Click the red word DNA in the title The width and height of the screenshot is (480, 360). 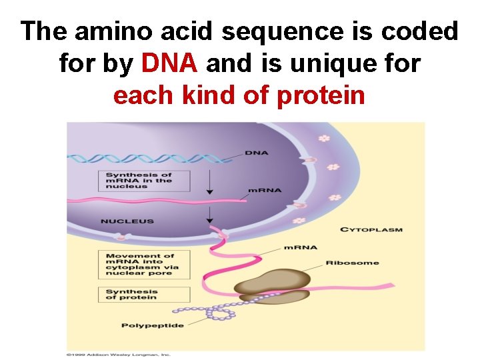[x=169, y=63]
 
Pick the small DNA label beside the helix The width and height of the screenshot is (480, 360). [x=256, y=153]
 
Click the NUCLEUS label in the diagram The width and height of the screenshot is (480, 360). [x=127, y=221]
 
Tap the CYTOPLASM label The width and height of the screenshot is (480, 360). [x=371, y=230]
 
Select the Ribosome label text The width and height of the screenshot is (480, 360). [x=352, y=263]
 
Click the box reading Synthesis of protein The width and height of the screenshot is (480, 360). [x=143, y=294]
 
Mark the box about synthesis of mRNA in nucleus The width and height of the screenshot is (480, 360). [x=143, y=181]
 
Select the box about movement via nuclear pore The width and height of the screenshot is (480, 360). [x=143, y=265]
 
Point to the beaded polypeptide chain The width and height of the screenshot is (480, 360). [x=220, y=311]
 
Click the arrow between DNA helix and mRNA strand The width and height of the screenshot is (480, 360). [x=209, y=182]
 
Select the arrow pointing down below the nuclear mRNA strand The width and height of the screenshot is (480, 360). [x=209, y=213]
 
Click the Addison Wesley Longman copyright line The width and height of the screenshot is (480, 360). [x=118, y=354]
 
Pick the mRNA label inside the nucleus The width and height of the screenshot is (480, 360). [x=264, y=191]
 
